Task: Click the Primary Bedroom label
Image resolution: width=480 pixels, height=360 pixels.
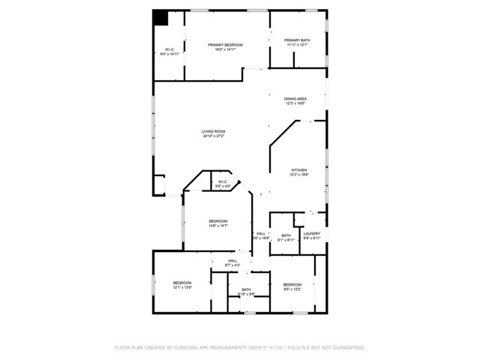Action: click(x=225, y=45)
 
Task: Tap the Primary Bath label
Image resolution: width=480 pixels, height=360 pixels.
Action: click(x=296, y=40)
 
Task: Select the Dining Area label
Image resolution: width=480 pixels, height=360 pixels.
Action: click(x=295, y=99)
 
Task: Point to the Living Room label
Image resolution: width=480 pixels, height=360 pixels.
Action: click(x=213, y=132)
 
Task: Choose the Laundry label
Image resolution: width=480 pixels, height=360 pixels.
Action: click(x=311, y=234)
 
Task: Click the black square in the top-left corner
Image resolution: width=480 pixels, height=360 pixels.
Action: click(x=160, y=18)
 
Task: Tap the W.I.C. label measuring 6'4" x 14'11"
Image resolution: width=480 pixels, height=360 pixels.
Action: click(x=169, y=50)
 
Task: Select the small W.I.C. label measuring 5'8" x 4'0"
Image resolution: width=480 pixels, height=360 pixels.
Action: click(x=223, y=181)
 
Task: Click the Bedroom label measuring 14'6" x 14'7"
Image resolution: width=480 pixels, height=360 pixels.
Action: click(x=218, y=220)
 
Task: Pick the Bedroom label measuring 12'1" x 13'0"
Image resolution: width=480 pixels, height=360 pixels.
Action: click(x=183, y=283)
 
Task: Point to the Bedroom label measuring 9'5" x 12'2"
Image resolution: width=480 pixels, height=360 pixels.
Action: click(x=292, y=284)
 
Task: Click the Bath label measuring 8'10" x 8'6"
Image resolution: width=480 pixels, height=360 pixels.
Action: click(x=247, y=289)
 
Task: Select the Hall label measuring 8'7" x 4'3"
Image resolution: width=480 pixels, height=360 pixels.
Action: click(x=232, y=260)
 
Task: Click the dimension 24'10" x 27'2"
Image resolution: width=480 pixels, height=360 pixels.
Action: click(x=213, y=136)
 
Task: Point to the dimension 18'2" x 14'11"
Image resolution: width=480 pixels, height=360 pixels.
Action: click(x=225, y=49)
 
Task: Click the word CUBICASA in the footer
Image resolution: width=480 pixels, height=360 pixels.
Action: click(x=184, y=348)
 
